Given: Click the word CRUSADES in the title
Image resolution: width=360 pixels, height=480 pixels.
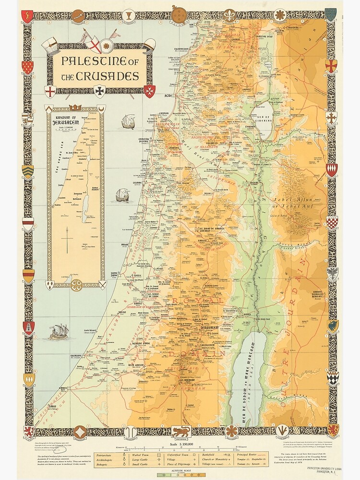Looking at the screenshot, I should (110, 76).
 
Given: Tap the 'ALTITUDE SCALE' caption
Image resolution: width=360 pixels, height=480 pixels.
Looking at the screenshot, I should (180, 471).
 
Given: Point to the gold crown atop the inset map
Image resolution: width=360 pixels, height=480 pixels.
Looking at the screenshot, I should (74, 108).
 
